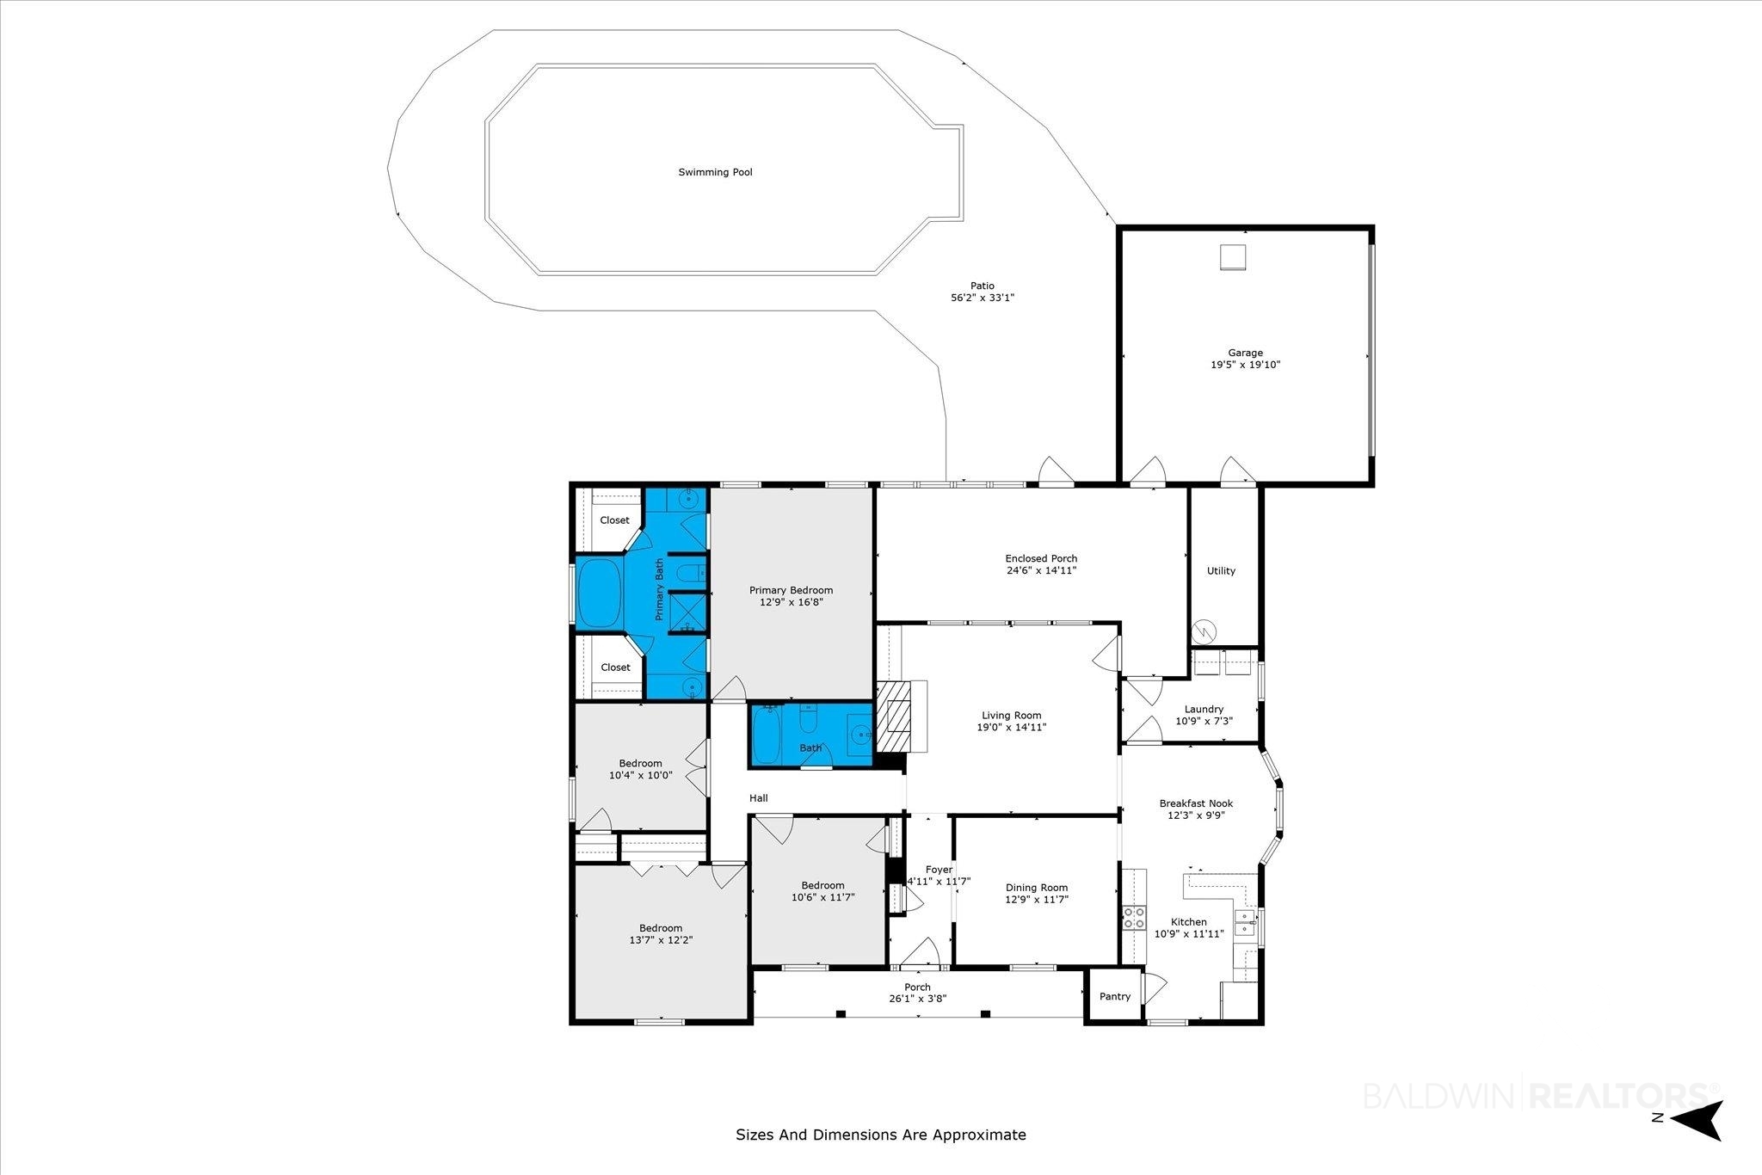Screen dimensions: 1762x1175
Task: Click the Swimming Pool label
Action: pyautogui.click(x=715, y=172)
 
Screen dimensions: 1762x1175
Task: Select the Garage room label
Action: pyautogui.click(x=1245, y=353)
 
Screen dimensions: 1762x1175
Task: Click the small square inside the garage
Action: pyautogui.click(x=1233, y=257)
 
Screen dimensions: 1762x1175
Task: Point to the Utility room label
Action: pyautogui.click(x=1221, y=570)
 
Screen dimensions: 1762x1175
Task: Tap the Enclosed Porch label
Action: pyautogui.click(x=1041, y=558)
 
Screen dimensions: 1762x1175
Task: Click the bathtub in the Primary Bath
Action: pyautogui.click(x=600, y=593)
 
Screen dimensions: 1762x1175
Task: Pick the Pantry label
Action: pyautogui.click(x=1115, y=996)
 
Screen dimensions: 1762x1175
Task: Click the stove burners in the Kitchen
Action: pyautogui.click(x=1134, y=918)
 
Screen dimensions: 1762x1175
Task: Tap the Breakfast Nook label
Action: pyautogui.click(x=1196, y=803)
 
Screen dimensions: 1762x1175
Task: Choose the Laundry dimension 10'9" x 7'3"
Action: pyautogui.click(x=1204, y=721)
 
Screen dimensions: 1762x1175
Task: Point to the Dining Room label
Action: pyautogui.click(x=1037, y=888)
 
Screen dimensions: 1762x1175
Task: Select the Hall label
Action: pyautogui.click(x=758, y=798)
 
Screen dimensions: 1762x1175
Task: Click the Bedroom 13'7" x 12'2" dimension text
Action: pyautogui.click(x=661, y=940)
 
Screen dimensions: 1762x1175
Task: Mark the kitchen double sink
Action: pyautogui.click(x=1244, y=923)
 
